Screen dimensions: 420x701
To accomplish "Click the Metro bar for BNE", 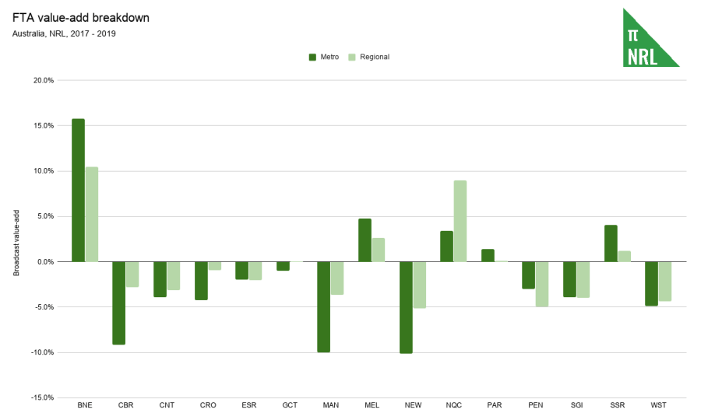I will pos(78,191).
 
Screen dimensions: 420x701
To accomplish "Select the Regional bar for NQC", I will pos(460,222).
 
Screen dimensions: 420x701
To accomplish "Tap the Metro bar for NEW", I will pos(406,307).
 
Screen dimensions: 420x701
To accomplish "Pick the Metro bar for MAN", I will pos(323,306).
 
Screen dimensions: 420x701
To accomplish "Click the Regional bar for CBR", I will pos(132,275).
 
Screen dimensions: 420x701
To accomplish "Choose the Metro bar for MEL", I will pos(365,240).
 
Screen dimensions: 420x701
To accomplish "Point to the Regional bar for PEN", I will pos(542,284).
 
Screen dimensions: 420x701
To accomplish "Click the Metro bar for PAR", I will pos(488,255).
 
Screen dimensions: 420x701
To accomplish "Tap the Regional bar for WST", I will pos(665,281).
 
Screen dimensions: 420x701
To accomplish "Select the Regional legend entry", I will pos(368,57).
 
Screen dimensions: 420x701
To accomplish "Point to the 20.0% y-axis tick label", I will pos(43,80).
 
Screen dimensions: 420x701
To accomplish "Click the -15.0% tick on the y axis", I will pos(42,397).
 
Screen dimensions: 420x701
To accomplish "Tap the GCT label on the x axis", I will pos(290,405).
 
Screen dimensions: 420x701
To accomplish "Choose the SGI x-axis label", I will pos(576,405).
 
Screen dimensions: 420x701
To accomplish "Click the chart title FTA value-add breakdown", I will pos(81,17).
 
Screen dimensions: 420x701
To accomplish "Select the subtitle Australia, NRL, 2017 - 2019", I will pos(65,33).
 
